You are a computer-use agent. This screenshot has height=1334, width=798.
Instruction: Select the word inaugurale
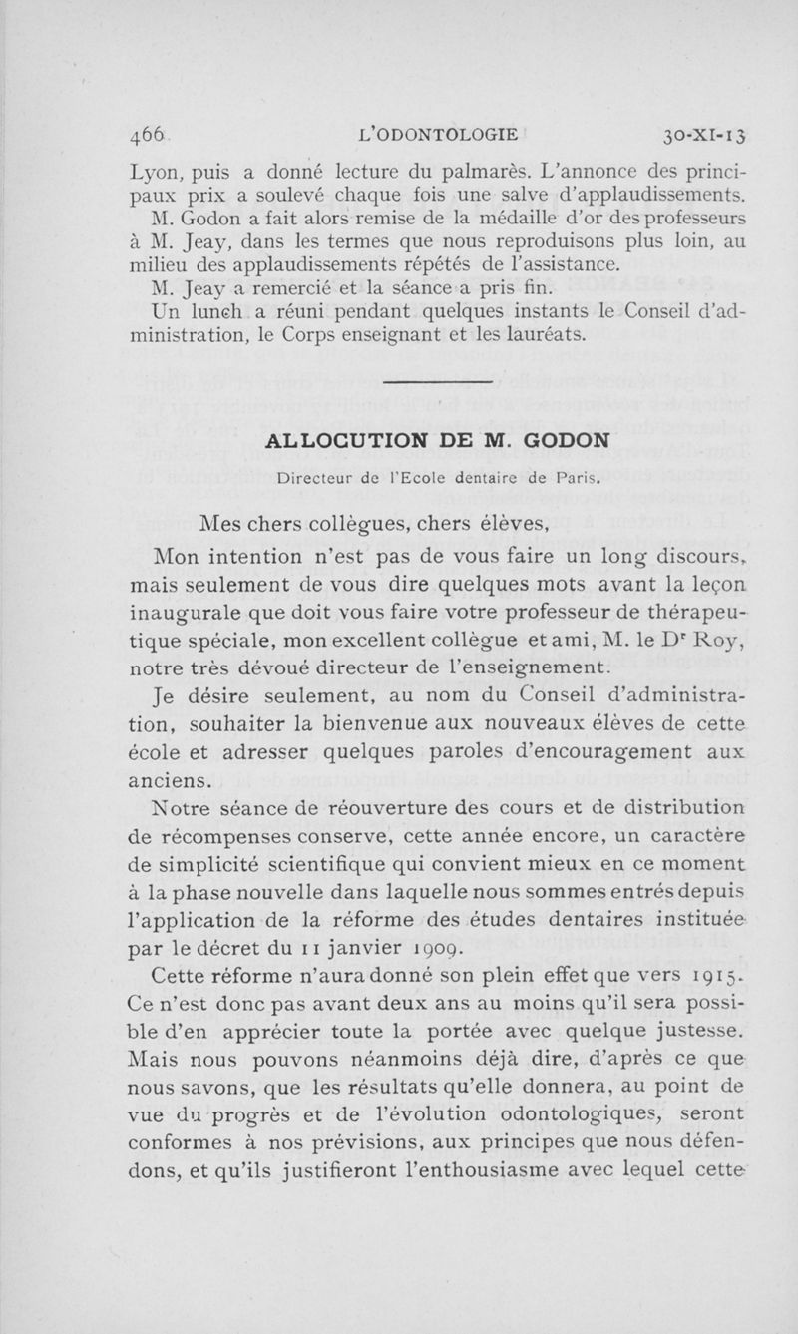(191, 610)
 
